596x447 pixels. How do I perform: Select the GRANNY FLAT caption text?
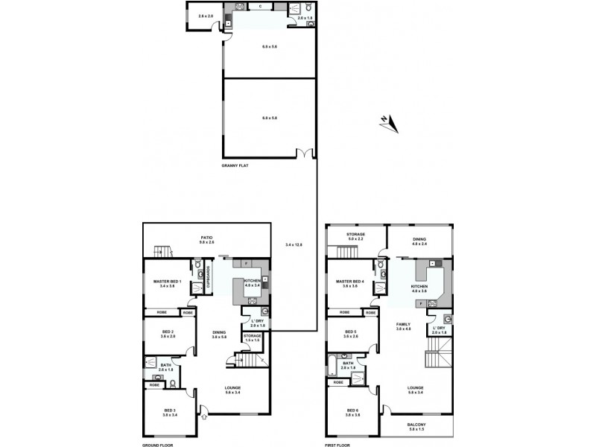coord(235,165)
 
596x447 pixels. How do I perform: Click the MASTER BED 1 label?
coord(168,282)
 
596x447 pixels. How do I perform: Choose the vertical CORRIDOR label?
coord(210,276)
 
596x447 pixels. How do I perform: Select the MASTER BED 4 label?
coord(351,282)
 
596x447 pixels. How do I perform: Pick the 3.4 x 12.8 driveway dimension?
coord(294,244)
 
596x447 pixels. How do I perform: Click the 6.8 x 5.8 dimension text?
coord(269,118)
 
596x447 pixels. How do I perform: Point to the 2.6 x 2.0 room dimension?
coord(206,16)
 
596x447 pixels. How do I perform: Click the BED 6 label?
coord(352,411)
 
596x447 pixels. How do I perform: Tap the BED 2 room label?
coord(168,334)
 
